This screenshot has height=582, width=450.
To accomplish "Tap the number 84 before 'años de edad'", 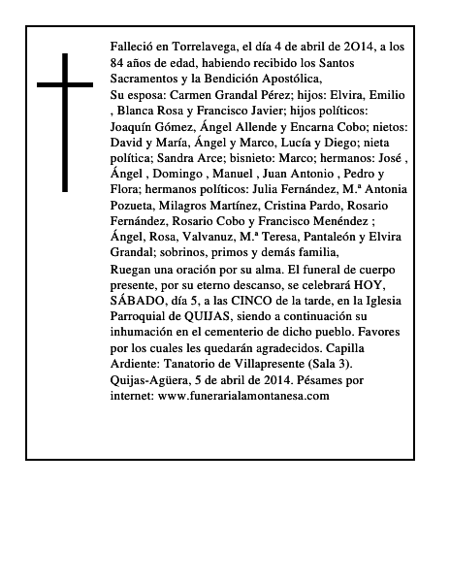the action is (118, 61).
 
